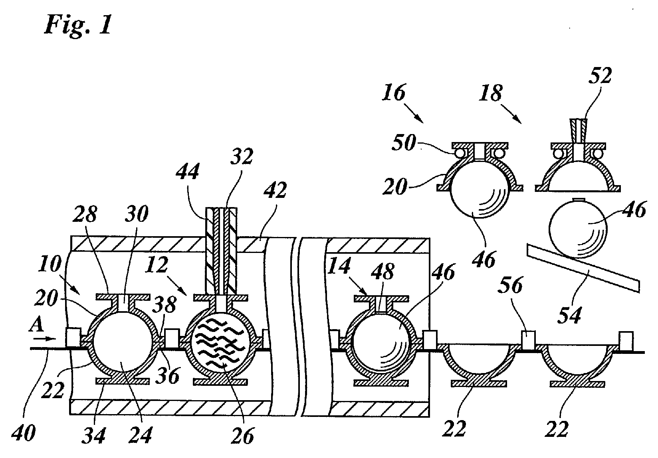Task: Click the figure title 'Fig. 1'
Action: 78,26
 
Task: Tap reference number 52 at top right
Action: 600,76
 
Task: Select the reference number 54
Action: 570,314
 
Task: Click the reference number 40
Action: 24,433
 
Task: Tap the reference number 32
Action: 242,156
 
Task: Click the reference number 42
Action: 275,190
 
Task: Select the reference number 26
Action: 242,436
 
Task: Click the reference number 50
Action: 404,143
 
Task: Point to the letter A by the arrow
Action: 36,325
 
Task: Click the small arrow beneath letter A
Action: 44,339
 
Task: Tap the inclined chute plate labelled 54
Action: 583,268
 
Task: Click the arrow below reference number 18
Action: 511,113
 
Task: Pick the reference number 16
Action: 394,93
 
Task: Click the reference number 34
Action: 93,435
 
